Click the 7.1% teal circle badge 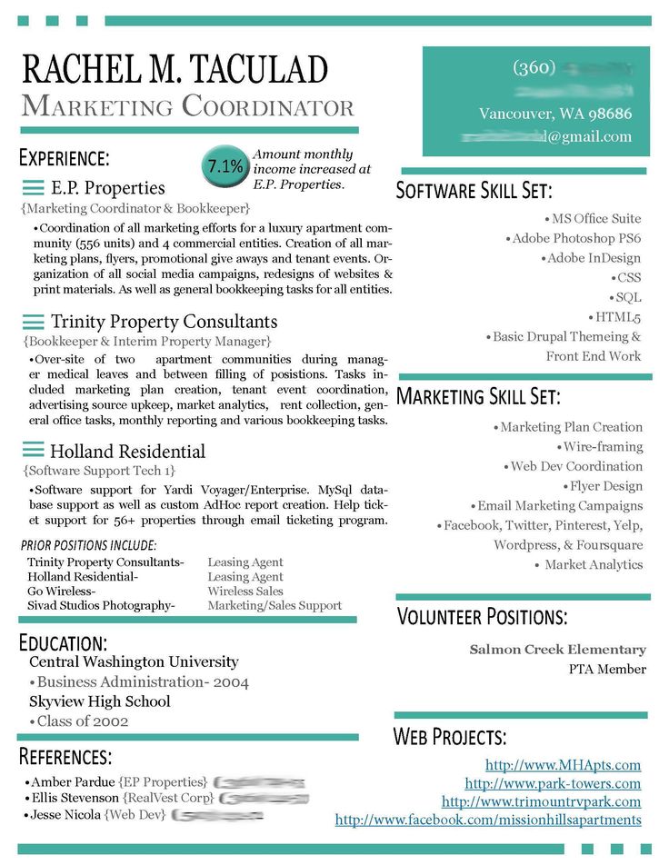click(x=224, y=165)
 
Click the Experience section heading click(x=65, y=157)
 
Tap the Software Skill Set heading click(x=474, y=191)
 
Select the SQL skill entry click(x=628, y=297)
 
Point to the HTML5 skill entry click(x=618, y=317)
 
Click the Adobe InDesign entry click(x=594, y=258)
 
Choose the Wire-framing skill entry click(x=603, y=447)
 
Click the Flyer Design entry click(x=605, y=486)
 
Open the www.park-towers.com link click(x=553, y=783)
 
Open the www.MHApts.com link click(x=563, y=765)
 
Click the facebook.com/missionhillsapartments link click(x=488, y=820)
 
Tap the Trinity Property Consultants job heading click(x=164, y=322)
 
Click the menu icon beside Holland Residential click(x=34, y=451)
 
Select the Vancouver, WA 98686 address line click(x=554, y=114)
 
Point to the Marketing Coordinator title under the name click(x=187, y=106)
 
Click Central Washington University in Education click(x=134, y=661)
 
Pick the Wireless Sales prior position click(x=245, y=591)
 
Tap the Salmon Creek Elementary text click(x=557, y=650)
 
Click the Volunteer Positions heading click(x=482, y=617)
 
